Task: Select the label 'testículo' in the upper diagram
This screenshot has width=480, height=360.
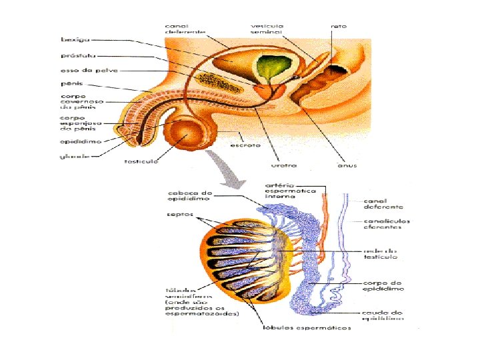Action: tap(141, 161)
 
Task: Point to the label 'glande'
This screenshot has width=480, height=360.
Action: tap(71, 157)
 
